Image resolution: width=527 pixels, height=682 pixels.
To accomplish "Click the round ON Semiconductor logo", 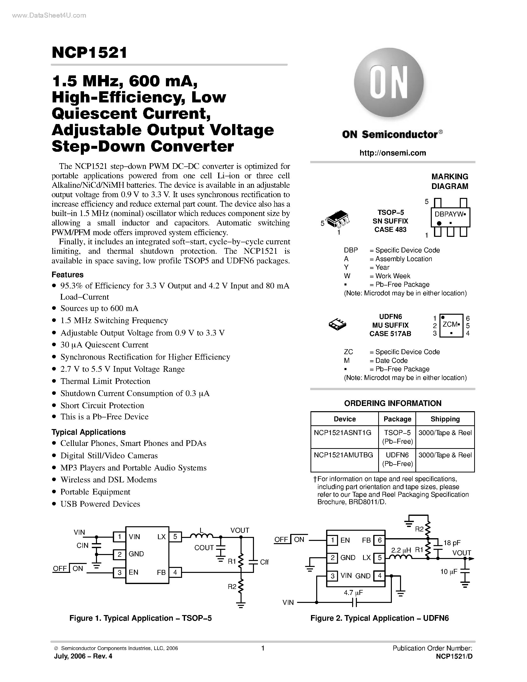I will coord(389,83).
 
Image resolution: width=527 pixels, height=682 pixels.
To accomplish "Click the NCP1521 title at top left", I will coord(90,53).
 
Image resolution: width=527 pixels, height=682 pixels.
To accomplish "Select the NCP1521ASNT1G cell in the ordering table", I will coord(342,433).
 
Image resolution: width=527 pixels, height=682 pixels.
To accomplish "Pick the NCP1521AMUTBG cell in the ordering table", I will coord(343,455).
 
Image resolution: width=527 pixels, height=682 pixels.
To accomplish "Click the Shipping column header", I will coord(445,419).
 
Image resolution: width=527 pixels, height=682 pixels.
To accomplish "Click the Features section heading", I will coord(67,275).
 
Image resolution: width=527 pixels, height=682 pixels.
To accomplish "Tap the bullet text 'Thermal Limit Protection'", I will coord(105,381).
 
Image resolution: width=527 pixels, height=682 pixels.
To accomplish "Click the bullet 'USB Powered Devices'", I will coord(100,504).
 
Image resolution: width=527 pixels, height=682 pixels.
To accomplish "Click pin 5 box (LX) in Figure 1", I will coord(175,537).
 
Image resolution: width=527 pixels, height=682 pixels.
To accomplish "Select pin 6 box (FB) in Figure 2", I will coord(380,540).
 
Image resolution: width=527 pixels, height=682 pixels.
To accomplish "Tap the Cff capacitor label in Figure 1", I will coord(264,562).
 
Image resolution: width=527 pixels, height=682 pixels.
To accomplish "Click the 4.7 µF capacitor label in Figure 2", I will coord(353,592).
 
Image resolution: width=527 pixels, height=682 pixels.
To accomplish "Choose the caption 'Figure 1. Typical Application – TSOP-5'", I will coord(140,618).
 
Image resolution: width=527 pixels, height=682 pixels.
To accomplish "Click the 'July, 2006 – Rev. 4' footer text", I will coord(83,656).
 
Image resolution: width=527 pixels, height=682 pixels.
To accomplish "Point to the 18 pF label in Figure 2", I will coord(452,543).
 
